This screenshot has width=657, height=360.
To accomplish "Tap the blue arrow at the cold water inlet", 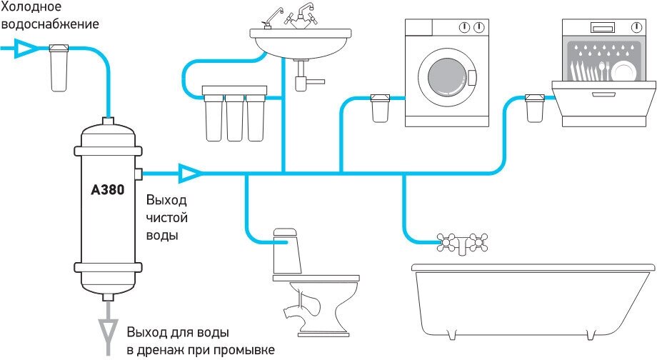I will [25, 49].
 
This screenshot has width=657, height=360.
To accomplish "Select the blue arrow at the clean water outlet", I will [189, 172].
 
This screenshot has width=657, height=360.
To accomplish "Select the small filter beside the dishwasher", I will [533, 107].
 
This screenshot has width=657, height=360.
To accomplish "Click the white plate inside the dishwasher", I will [623, 72].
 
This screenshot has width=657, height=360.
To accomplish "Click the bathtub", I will [532, 293].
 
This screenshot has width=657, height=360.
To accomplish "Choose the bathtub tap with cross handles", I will [463, 243].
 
